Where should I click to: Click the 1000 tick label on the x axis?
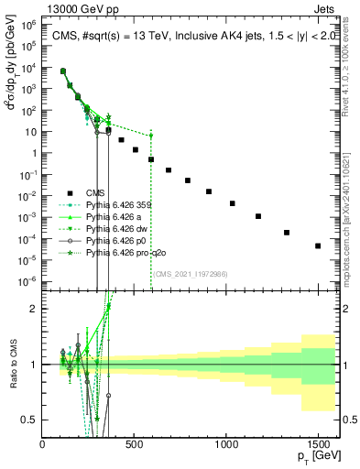point(226,444)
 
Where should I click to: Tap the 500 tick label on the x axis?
point(135,444)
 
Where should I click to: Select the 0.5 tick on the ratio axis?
point(32,420)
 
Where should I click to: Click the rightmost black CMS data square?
point(318,245)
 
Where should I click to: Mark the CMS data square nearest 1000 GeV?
point(233,203)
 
